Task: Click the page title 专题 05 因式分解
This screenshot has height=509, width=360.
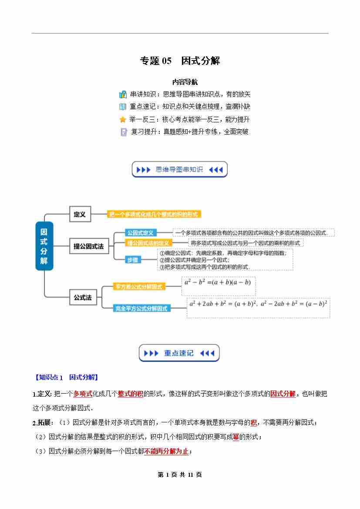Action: (180, 61)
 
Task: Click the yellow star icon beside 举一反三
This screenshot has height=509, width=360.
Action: (123, 119)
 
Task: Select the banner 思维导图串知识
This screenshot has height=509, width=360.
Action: (179, 169)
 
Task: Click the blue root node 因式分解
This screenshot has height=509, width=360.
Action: (44, 246)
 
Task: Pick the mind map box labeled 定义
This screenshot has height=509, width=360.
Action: (80, 214)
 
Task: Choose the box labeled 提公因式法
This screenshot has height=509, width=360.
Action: (89, 246)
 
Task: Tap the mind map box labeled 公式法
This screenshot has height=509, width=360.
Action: (83, 297)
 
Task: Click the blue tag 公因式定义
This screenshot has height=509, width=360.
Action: (140, 233)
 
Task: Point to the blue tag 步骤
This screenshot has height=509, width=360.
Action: (132, 260)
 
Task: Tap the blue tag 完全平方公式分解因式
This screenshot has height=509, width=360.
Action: (141, 308)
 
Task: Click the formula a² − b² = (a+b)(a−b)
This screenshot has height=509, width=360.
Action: (218, 282)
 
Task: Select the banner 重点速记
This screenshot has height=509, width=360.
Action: (179, 353)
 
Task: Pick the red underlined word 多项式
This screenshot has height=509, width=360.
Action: (83, 394)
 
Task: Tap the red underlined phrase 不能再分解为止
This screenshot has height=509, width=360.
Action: (166, 451)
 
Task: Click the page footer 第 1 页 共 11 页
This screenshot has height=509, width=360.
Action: (180, 475)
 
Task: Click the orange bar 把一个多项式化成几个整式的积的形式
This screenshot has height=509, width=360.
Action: (154, 214)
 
